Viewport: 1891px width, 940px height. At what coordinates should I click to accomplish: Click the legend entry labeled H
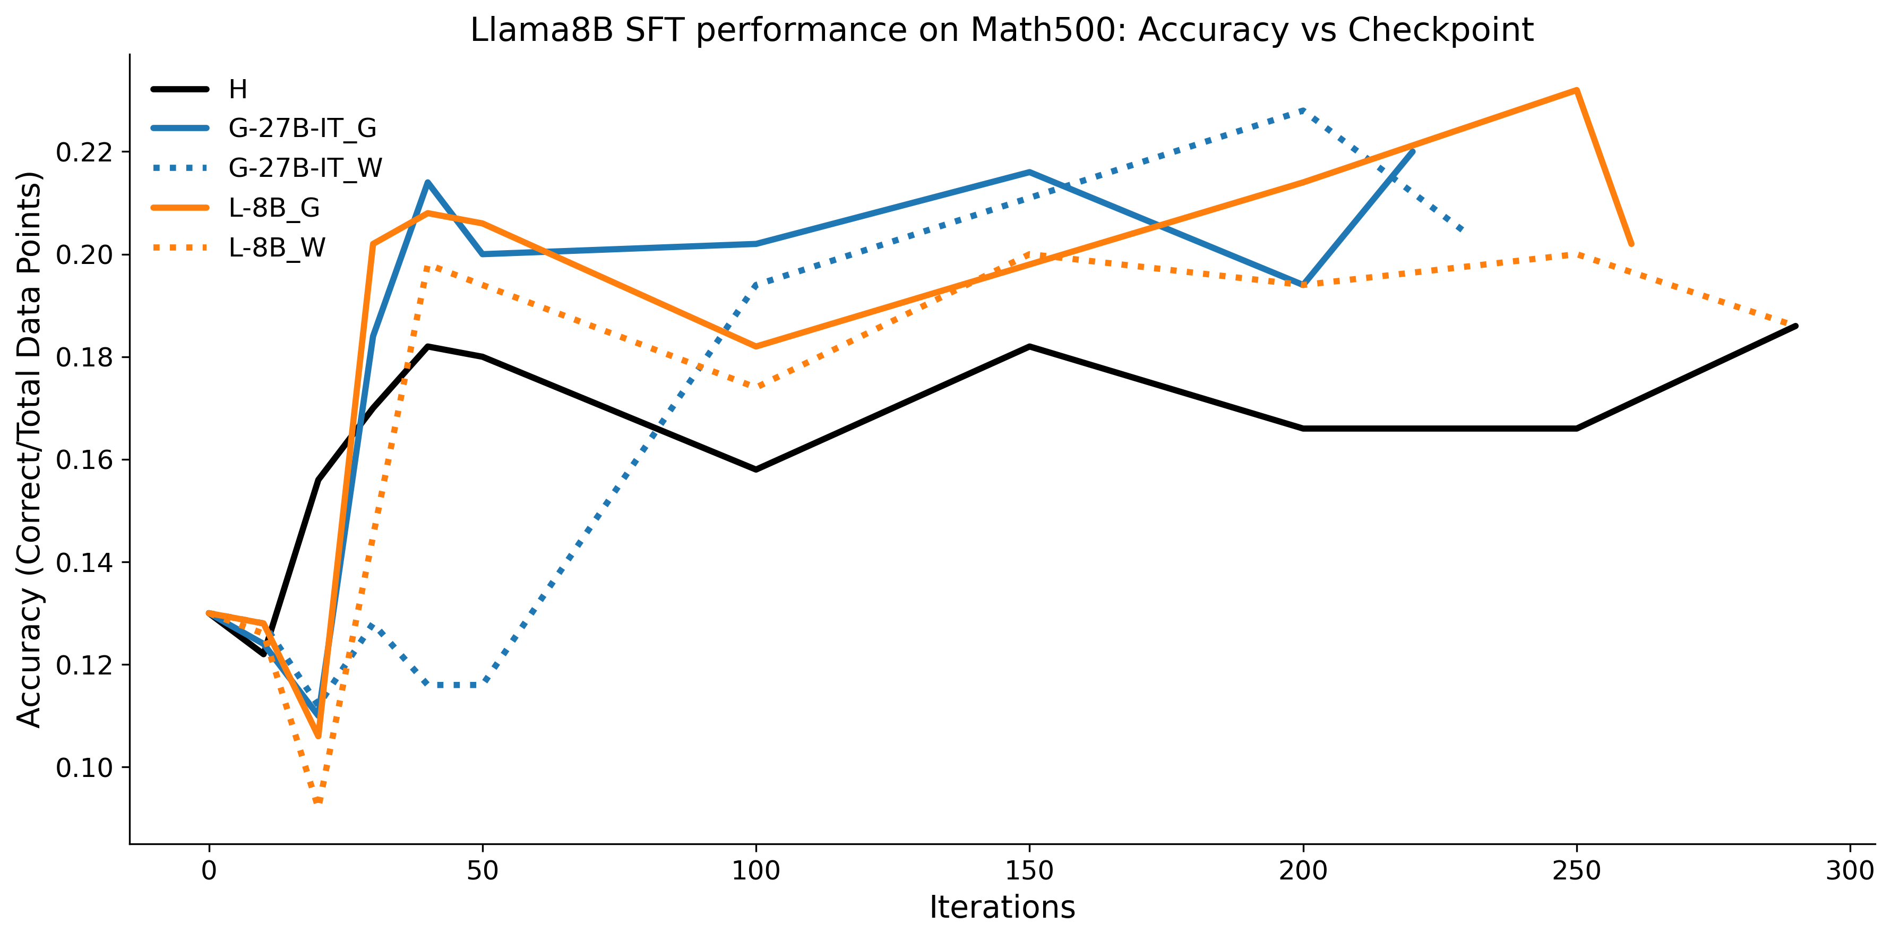(x=238, y=90)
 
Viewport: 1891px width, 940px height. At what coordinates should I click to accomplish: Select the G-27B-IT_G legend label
(x=303, y=129)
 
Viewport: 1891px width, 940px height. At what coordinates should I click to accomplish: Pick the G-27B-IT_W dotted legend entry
(x=305, y=168)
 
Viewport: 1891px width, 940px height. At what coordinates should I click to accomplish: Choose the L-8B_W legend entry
(x=277, y=247)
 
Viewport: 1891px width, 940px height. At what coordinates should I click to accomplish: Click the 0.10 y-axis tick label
(x=84, y=768)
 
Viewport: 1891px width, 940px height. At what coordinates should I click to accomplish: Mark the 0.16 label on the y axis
(x=84, y=460)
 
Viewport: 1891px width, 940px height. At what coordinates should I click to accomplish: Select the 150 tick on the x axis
(x=1029, y=871)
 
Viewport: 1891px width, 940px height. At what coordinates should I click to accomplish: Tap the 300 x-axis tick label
(x=1849, y=871)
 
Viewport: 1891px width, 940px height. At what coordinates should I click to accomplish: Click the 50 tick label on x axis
(x=482, y=871)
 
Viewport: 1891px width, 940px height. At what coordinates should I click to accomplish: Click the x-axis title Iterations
(x=1002, y=908)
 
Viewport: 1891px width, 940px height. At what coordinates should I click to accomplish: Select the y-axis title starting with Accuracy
(x=29, y=449)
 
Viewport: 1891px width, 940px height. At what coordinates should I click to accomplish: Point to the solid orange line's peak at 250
(x=1576, y=90)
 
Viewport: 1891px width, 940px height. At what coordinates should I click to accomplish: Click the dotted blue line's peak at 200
(x=1303, y=110)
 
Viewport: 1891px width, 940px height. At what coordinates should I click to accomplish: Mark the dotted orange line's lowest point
(x=318, y=801)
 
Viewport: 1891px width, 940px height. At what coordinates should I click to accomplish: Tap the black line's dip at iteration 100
(x=756, y=469)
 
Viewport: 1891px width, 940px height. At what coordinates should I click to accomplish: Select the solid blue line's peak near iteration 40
(x=428, y=182)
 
